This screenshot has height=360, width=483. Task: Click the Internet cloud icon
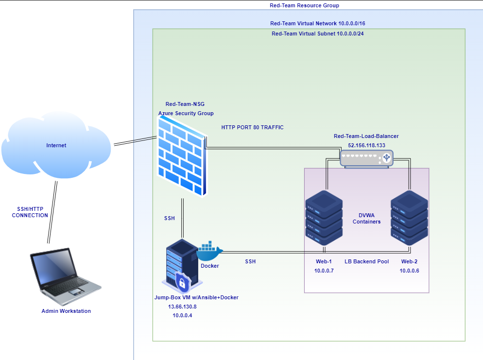click(x=56, y=145)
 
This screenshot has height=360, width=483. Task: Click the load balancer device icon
click(x=366, y=158)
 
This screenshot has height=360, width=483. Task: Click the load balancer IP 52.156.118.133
click(x=366, y=145)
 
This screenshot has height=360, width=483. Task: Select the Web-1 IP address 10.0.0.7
click(x=324, y=271)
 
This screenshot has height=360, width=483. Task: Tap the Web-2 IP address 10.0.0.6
click(x=409, y=271)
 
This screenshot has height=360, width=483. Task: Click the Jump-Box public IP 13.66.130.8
click(x=182, y=307)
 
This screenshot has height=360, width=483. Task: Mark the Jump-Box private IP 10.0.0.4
click(x=182, y=315)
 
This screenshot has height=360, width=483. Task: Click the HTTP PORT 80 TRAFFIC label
click(x=252, y=127)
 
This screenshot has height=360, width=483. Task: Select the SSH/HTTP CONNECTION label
click(x=30, y=212)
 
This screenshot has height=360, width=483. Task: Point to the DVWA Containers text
click(x=366, y=218)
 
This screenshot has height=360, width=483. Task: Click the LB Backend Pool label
click(x=366, y=261)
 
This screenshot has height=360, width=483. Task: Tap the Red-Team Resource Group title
click(x=304, y=5)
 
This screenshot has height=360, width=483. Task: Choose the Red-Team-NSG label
click(x=186, y=104)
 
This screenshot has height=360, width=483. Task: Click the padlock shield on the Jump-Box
click(x=183, y=281)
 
